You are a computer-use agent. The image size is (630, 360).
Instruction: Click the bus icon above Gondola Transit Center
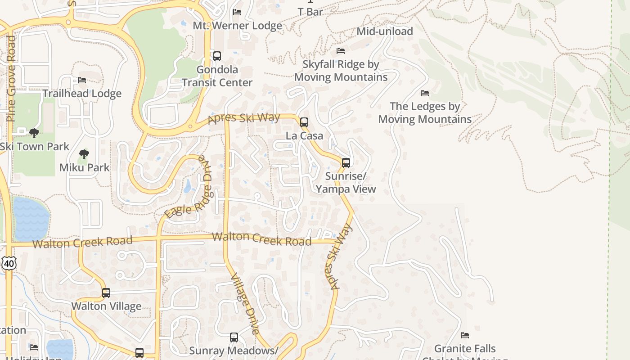click(217, 56)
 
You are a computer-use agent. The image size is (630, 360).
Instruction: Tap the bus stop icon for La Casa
click(304, 122)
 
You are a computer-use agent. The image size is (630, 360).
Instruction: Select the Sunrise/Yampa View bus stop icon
click(346, 163)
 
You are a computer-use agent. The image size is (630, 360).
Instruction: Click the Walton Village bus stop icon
click(106, 293)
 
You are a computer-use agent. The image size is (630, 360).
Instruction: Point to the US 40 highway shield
click(9, 263)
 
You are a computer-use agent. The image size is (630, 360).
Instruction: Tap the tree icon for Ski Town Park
click(34, 133)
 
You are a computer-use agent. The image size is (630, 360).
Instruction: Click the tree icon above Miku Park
click(84, 154)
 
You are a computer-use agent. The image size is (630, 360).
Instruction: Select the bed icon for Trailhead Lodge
click(82, 80)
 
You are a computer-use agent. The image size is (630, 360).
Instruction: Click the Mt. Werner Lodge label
click(237, 26)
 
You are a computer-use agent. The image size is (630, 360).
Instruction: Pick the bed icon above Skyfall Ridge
click(341, 51)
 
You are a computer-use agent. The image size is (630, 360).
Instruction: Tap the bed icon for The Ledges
click(425, 93)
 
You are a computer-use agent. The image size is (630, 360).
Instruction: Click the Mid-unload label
click(385, 31)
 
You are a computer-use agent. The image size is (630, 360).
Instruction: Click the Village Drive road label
click(245, 304)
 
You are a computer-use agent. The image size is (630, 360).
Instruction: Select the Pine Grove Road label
click(11, 79)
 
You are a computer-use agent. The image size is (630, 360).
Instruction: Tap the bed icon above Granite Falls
click(465, 335)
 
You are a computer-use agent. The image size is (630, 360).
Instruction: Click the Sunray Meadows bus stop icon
click(234, 337)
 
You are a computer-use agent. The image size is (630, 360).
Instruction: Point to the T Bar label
click(310, 12)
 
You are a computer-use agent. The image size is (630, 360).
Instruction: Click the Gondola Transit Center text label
click(217, 76)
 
